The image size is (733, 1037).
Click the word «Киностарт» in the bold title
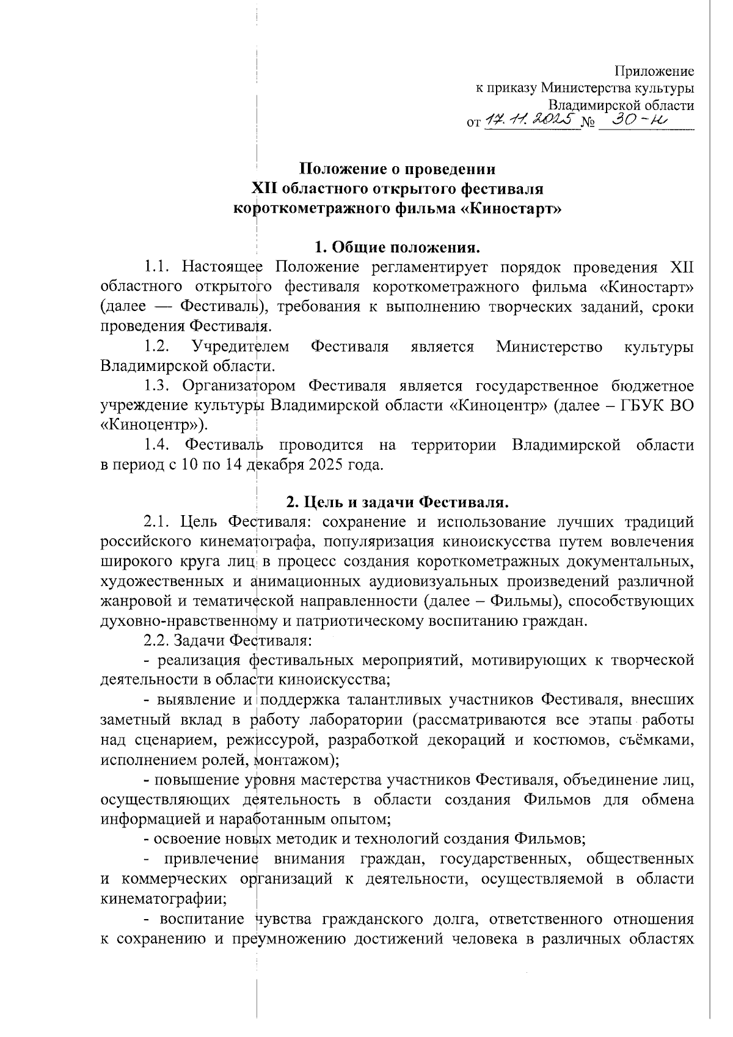[x=510, y=208]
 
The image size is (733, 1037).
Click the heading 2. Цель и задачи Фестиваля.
[x=398, y=502]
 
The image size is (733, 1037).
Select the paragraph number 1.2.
[x=156, y=347]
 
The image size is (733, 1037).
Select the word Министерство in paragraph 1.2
[x=549, y=347]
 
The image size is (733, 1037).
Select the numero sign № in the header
[x=589, y=122]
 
